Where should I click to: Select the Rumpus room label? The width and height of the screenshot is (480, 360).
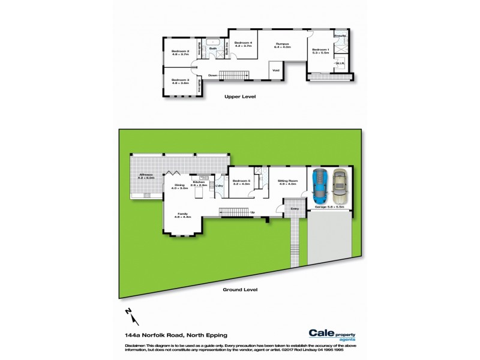[x=283, y=44]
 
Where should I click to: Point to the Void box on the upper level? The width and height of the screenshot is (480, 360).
[x=276, y=70]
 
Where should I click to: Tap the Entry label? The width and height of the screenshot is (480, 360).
[x=294, y=209]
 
